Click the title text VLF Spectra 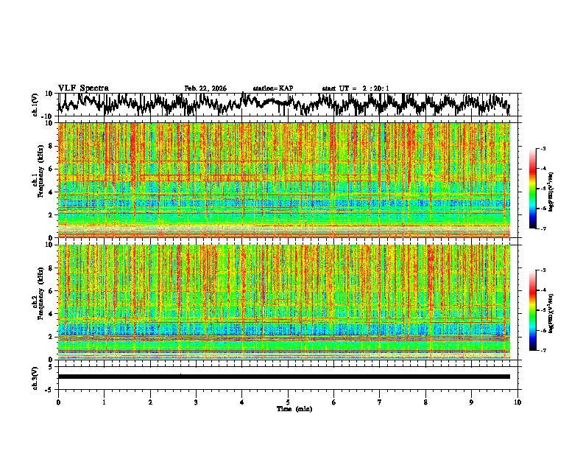83,88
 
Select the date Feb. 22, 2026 205,88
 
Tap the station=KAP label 273,88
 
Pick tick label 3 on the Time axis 196,402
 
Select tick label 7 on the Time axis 380,402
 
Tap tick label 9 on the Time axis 472,402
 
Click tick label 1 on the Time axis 104,402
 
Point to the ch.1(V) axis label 35,105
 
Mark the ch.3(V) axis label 35,376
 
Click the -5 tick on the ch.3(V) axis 50,388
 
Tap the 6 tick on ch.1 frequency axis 52,169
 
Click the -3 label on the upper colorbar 543,149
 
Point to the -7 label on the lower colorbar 543,351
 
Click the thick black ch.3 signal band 283,377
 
